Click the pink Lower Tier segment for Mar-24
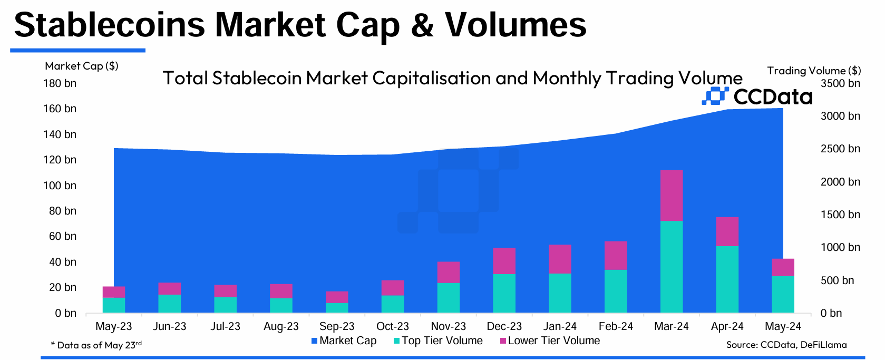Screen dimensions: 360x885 (672, 196)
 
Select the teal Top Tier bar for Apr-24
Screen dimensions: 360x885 (727, 279)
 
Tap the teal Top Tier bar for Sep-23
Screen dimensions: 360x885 (337, 308)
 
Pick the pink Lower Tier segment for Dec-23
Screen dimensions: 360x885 (504, 261)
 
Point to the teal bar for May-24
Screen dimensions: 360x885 (783, 294)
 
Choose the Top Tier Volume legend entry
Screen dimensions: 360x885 (438, 341)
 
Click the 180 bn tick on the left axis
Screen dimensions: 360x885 (60, 83)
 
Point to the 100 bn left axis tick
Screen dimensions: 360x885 (60, 186)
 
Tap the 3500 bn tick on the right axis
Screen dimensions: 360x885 (840, 83)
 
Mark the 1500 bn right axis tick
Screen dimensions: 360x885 (840, 215)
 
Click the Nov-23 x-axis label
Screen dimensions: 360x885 (449, 326)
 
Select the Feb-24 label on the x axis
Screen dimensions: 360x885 (616, 326)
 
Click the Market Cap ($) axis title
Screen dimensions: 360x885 (82, 66)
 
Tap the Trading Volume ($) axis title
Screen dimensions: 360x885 (814, 71)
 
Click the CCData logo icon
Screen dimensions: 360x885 (715, 96)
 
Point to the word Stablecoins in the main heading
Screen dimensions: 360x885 (110, 25)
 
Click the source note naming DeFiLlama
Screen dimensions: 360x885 (786, 345)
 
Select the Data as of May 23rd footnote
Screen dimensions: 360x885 (96, 345)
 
